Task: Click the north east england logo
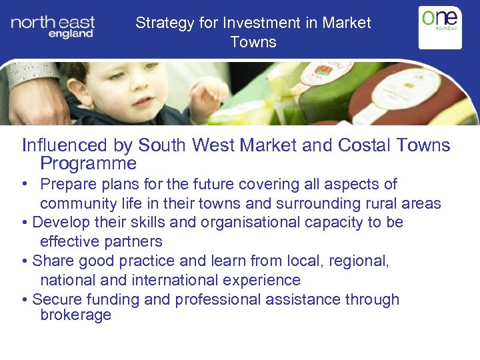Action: click(x=53, y=27)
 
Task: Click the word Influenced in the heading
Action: click(x=64, y=145)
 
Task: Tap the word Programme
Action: click(x=88, y=163)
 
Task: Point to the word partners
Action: click(x=131, y=241)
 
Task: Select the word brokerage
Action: click(x=75, y=315)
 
